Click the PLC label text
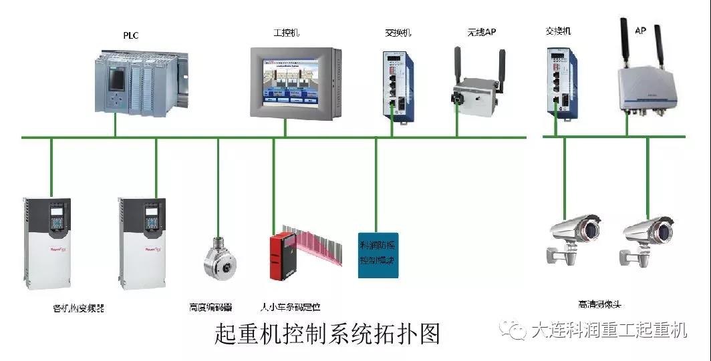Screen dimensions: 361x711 click(x=130, y=35)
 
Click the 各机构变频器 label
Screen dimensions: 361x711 click(x=78, y=308)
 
